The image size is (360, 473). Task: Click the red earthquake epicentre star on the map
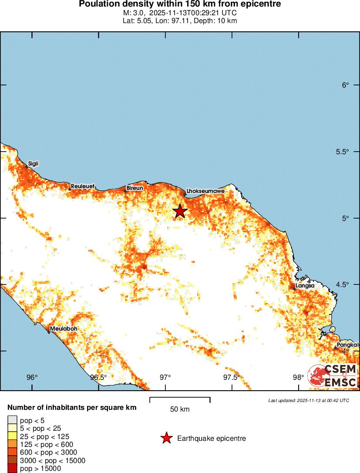click(x=180, y=211)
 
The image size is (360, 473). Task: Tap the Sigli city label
click(x=33, y=164)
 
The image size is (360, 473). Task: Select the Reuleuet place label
click(x=83, y=186)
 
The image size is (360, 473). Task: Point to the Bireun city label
click(x=135, y=188)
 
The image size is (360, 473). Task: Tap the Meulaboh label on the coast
click(x=64, y=328)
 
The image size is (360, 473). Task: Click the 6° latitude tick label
click(x=346, y=85)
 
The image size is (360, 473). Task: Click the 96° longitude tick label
click(x=32, y=377)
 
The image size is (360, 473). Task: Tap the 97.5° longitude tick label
click(x=232, y=377)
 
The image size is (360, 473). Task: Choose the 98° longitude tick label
click(x=298, y=377)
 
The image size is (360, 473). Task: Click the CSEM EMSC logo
click(x=333, y=376)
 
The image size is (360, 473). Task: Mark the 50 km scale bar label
click(x=180, y=409)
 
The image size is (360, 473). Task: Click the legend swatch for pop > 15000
click(x=12, y=469)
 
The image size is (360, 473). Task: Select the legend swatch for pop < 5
click(x=12, y=420)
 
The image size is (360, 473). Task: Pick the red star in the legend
click(x=166, y=438)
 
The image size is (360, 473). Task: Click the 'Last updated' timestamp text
click(x=309, y=400)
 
